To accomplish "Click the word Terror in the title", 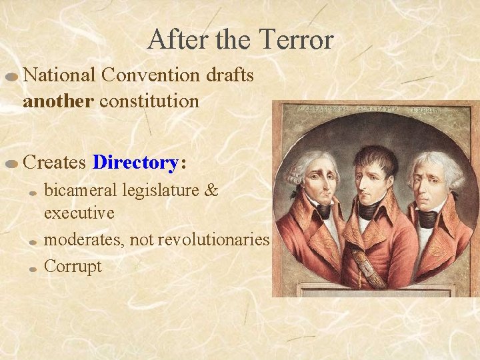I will click(296, 39).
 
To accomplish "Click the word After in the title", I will click(175, 39).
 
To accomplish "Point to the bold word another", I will click(60, 101).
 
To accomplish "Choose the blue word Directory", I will click(135, 162).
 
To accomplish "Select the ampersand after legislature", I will click(211, 191).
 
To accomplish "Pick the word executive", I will click(79, 213).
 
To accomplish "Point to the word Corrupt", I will click(73, 266).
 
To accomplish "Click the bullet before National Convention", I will click(11, 77).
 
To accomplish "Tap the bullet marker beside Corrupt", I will click(33, 269).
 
